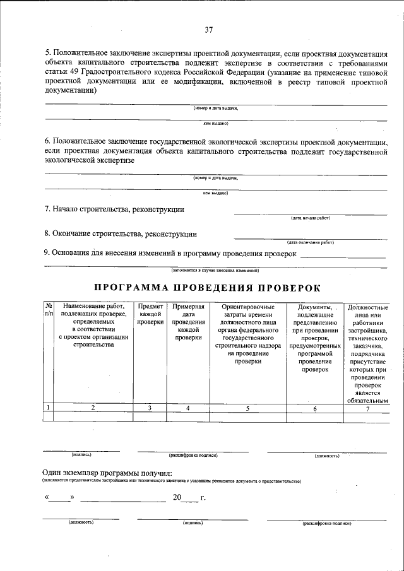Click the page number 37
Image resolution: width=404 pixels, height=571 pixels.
[209, 30]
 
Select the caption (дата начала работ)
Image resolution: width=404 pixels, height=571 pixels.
[310, 218]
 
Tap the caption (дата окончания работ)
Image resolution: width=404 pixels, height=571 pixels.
[310, 242]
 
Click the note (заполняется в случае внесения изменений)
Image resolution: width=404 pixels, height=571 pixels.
[215, 270]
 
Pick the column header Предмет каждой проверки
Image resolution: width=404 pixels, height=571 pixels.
[150, 314]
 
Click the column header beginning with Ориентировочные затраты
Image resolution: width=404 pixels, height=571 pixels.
[247, 334]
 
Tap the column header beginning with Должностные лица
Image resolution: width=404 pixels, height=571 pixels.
[367, 353]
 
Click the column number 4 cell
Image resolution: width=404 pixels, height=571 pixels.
[188, 408]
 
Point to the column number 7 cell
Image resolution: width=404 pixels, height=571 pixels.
[367, 408]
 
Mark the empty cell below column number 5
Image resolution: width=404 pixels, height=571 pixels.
[247, 416]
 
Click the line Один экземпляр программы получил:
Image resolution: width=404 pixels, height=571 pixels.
[107, 473]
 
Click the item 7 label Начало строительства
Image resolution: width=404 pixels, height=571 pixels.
[114, 209]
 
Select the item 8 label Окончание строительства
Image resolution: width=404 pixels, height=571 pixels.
[120, 233]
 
